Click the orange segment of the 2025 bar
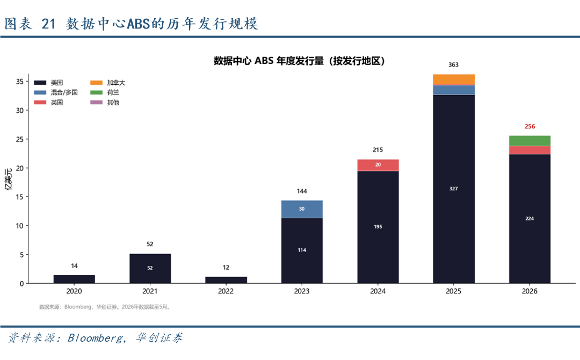453,79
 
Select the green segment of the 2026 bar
530,141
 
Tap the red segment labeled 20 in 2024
378,165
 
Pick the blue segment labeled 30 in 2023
302,209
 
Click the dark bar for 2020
74,279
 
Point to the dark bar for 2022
226,280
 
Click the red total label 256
530,126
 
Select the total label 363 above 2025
453,65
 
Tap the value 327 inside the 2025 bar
453,189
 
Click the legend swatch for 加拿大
96,83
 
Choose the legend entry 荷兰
105,92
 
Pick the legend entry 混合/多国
56,92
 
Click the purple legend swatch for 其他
96,103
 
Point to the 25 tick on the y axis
20,139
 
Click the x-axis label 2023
302,291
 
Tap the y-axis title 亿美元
8,179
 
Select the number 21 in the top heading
48,24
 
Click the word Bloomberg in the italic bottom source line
95,338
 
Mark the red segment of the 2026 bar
530,150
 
